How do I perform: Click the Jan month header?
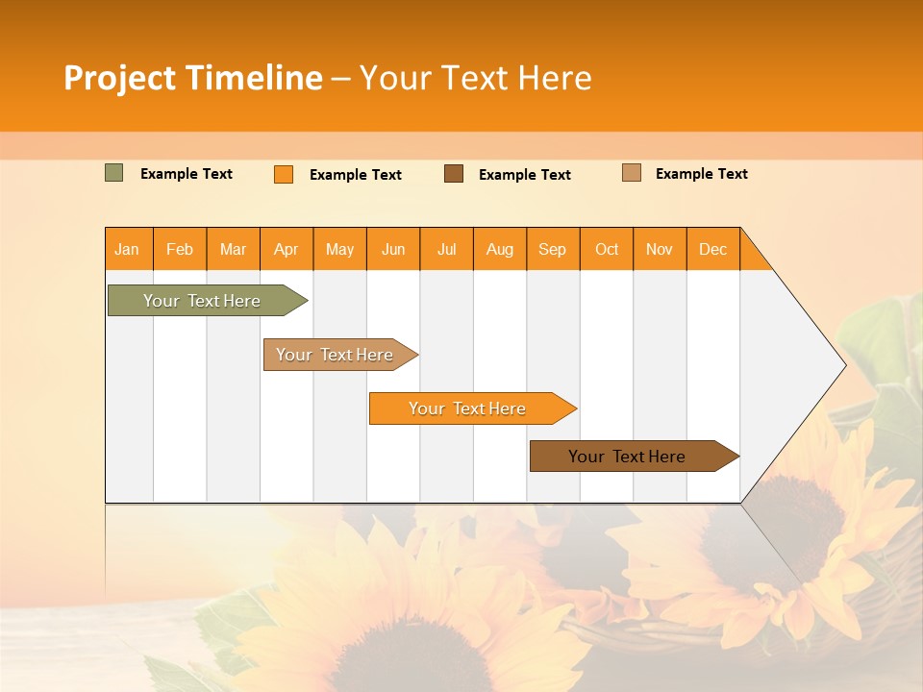point(128,249)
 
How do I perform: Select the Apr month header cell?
point(287,249)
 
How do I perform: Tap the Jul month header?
point(446,249)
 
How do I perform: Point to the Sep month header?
point(553,249)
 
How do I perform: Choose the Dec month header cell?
point(712,249)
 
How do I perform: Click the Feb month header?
point(180,249)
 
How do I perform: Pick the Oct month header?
point(607,249)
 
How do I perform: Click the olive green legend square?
point(113,173)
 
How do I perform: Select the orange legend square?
point(284,174)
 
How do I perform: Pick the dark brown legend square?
point(454,173)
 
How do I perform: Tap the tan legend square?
point(631,173)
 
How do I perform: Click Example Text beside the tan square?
point(701,174)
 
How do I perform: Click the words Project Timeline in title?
point(192,78)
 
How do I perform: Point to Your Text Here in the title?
point(475,78)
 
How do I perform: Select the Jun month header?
point(393,249)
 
